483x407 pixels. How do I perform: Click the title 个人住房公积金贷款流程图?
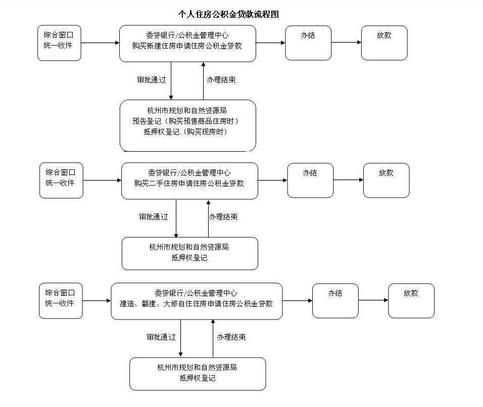point(228,14)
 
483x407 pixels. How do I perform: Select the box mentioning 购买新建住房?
point(187,43)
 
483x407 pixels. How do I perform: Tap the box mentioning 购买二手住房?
point(190,181)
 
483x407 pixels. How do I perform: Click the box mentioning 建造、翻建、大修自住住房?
point(197,301)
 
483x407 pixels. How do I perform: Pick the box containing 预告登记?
point(188,125)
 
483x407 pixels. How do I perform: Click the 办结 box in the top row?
point(308,43)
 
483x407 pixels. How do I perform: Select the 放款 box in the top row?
point(384,43)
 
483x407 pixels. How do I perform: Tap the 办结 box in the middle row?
point(310,180)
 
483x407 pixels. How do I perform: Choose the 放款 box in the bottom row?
point(411,301)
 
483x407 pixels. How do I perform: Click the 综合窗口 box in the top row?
point(59,43)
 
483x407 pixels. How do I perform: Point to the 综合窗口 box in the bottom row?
point(61,301)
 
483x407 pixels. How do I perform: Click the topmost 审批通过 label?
point(152,80)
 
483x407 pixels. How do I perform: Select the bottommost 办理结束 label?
point(231,337)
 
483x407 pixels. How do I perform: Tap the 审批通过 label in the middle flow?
point(154,217)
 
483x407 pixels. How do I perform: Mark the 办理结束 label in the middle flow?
point(223,217)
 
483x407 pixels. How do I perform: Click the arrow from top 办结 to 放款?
point(346,42)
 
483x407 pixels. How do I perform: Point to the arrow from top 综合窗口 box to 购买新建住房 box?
point(100,42)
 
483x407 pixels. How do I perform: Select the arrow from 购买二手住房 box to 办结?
point(273,180)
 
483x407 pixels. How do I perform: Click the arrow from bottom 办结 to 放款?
point(373,300)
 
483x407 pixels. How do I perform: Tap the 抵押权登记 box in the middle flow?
point(190,253)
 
